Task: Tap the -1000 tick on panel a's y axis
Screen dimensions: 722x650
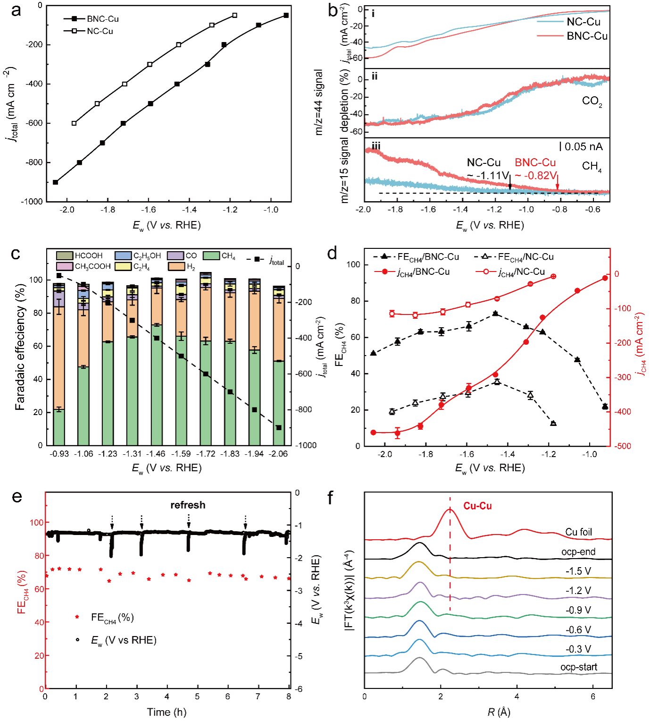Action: (x=32, y=202)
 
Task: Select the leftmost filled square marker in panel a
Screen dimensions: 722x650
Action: (x=56, y=182)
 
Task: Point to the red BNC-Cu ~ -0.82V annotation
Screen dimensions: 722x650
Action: (x=535, y=169)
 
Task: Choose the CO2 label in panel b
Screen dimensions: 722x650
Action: (x=592, y=101)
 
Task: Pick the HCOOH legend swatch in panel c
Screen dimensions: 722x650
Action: (x=65, y=256)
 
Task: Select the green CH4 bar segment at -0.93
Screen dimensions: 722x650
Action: (x=59, y=427)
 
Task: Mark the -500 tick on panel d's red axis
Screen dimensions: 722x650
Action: (x=623, y=446)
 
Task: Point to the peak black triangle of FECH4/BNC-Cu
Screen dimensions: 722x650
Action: (x=495, y=314)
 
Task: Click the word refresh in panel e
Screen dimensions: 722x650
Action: (x=188, y=505)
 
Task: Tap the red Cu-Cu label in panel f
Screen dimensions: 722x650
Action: (x=477, y=506)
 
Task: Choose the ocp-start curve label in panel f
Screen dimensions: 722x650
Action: (x=578, y=667)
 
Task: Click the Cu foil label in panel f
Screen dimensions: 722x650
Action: (x=578, y=532)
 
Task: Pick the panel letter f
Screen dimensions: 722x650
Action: (x=330, y=498)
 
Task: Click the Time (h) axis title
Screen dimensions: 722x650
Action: (x=167, y=712)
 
